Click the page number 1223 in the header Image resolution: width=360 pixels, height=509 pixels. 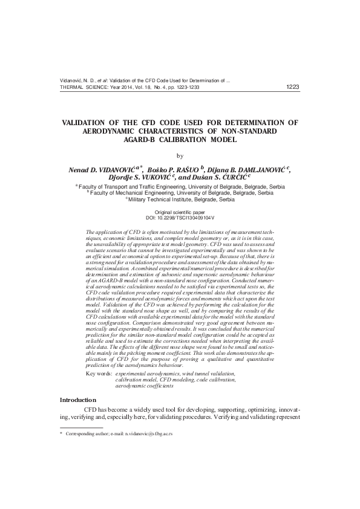(292, 87)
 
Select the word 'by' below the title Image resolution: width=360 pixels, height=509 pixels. (179, 156)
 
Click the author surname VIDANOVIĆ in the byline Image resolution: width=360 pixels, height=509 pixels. (113, 170)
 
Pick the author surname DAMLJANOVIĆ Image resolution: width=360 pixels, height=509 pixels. (261, 170)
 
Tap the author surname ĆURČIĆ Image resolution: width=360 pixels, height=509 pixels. (232, 178)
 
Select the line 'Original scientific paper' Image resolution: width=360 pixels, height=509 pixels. (180, 212)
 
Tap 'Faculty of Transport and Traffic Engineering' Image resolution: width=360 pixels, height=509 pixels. (133, 187)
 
